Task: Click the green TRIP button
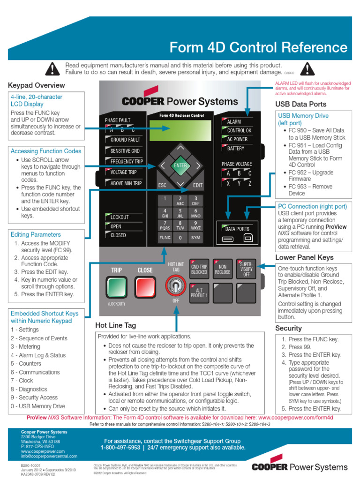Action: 116,288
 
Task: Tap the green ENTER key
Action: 180,165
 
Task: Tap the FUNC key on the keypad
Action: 165,238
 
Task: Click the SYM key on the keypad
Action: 195,238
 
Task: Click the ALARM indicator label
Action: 234,122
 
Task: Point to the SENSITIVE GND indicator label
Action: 125,151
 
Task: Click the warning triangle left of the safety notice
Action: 52,69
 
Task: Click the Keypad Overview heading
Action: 37,85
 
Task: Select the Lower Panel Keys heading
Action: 304,257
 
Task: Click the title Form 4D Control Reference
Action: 258,47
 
